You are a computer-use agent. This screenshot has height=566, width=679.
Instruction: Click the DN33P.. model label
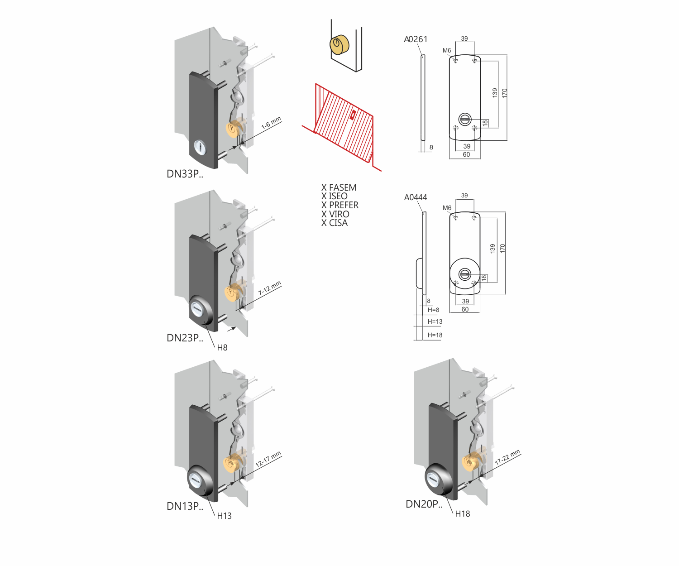tap(185, 174)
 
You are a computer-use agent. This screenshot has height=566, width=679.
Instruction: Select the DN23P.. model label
tap(185, 338)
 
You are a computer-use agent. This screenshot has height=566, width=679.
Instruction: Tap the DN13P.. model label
tap(185, 506)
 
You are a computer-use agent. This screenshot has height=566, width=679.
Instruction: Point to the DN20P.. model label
tap(424, 504)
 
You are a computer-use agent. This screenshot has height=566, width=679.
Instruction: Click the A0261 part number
tap(416, 39)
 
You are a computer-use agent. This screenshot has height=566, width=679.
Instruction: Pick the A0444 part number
tap(416, 197)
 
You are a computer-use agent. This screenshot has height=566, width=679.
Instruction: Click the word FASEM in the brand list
tap(343, 187)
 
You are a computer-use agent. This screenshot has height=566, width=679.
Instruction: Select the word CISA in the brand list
tap(338, 223)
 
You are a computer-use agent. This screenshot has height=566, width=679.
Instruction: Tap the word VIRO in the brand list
tap(339, 214)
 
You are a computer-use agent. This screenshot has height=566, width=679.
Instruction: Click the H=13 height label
tap(435, 322)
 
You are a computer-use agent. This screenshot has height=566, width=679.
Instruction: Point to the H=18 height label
tap(435, 336)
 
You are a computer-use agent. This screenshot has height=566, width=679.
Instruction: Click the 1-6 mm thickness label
tap(271, 123)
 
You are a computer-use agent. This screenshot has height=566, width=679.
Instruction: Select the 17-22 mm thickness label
tap(507, 457)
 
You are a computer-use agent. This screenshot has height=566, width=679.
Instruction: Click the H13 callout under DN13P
tap(224, 516)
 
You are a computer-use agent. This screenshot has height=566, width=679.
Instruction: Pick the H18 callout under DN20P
tap(463, 514)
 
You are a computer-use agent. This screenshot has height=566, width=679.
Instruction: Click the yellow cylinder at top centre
tap(339, 45)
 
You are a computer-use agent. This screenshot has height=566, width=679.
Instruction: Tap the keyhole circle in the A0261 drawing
tap(465, 120)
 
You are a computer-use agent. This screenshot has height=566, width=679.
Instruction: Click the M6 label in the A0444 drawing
tap(447, 208)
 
